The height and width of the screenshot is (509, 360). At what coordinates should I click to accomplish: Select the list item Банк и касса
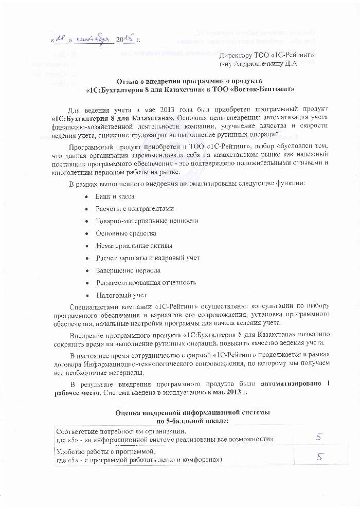pos(115,197)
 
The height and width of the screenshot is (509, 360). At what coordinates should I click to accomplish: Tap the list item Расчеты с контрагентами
pos(135,209)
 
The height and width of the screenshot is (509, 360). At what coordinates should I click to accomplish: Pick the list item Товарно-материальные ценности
pos(147,221)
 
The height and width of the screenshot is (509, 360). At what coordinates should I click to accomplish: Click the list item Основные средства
pos(126,233)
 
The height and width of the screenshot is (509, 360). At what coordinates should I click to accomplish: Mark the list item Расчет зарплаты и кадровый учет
pos(148,258)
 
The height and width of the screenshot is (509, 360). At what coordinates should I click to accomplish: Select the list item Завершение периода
pos(128,270)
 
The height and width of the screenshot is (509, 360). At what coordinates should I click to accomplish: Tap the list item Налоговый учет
pos(121,295)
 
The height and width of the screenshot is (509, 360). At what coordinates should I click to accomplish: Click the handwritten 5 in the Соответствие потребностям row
pos(319,436)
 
